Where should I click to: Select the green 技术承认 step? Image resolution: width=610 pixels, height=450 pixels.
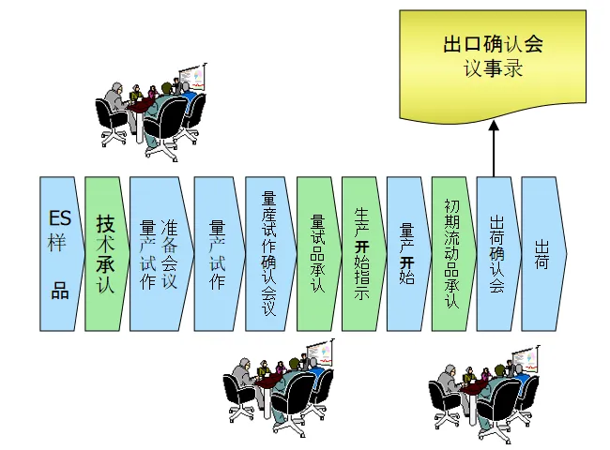click(x=105, y=253)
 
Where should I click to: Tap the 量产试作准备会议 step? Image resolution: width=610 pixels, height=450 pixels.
click(x=157, y=253)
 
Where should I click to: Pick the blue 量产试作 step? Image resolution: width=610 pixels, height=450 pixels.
click(x=218, y=253)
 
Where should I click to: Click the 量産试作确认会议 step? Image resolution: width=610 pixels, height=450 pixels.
click(x=268, y=253)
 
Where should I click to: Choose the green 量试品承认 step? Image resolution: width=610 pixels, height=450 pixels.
click(x=317, y=253)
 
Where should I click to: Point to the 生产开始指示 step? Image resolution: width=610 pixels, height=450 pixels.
click(x=362, y=253)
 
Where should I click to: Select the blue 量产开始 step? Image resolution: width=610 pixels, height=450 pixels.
click(x=407, y=253)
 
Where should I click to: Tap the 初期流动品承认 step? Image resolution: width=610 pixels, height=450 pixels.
click(x=452, y=253)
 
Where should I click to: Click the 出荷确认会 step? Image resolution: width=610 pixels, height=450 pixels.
click(x=497, y=253)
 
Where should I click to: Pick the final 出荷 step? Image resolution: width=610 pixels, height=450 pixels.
click(x=542, y=253)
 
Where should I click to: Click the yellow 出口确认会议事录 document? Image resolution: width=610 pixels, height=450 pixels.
click(x=493, y=61)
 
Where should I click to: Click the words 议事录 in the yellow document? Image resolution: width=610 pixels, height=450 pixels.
click(x=493, y=68)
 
